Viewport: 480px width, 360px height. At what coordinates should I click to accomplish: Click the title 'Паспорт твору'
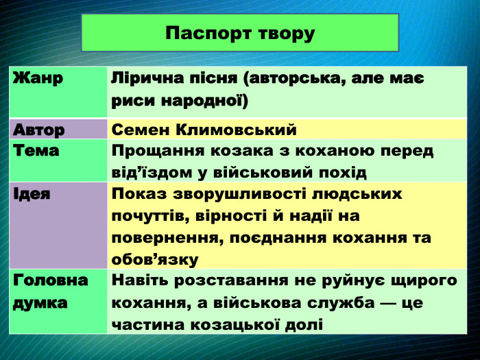point(240,33)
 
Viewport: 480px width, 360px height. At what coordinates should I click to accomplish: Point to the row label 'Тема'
point(36,150)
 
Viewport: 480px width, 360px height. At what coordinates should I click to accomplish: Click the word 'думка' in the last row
point(40,302)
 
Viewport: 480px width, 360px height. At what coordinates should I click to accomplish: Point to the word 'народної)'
point(204,100)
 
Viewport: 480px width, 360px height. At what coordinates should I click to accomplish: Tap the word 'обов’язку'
point(154,259)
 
